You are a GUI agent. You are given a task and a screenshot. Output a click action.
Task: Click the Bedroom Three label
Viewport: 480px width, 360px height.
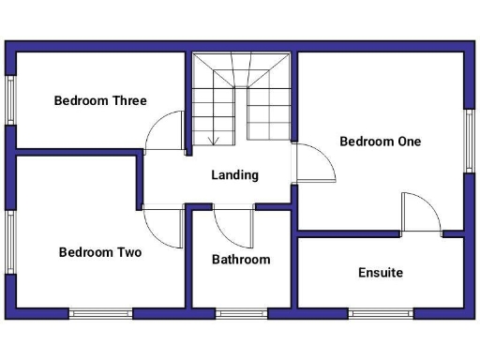click(x=100, y=100)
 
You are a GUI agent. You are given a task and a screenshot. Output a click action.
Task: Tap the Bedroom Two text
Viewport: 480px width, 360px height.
click(x=100, y=252)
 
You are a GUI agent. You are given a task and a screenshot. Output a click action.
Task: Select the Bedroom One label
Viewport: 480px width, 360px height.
click(x=380, y=142)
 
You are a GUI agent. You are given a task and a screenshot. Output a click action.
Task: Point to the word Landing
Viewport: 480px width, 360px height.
click(x=234, y=175)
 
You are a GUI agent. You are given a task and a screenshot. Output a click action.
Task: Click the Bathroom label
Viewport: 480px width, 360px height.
click(x=241, y=260)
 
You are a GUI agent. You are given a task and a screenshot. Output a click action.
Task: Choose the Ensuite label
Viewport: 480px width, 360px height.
click(x=381, y=273)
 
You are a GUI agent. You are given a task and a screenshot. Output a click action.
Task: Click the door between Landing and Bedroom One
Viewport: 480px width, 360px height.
click(x=316, y=165)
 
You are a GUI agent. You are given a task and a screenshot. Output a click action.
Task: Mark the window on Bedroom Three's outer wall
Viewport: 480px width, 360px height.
click(x=11, y=99)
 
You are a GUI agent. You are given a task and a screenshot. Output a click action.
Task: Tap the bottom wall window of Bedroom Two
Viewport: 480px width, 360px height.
click(x=100, y=313)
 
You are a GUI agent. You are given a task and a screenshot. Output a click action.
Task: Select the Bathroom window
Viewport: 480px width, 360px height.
click(x=241, y=313)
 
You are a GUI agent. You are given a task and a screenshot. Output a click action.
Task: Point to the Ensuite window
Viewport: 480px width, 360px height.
click(x=381, y=313)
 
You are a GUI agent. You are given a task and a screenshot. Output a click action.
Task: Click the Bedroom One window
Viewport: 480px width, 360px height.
click(x=468, y=141)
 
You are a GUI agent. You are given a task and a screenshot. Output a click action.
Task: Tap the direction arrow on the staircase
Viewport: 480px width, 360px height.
click(x=214, y=139)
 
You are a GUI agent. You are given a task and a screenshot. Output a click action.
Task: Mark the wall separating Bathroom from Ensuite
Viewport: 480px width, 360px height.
click(x=293, y=272)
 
